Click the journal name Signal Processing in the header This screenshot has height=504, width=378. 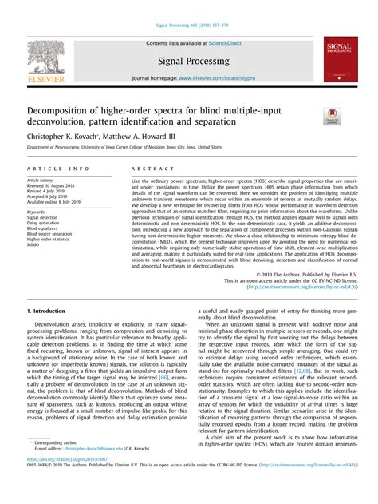click(189, 58)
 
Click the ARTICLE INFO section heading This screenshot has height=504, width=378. click(57, 169)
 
